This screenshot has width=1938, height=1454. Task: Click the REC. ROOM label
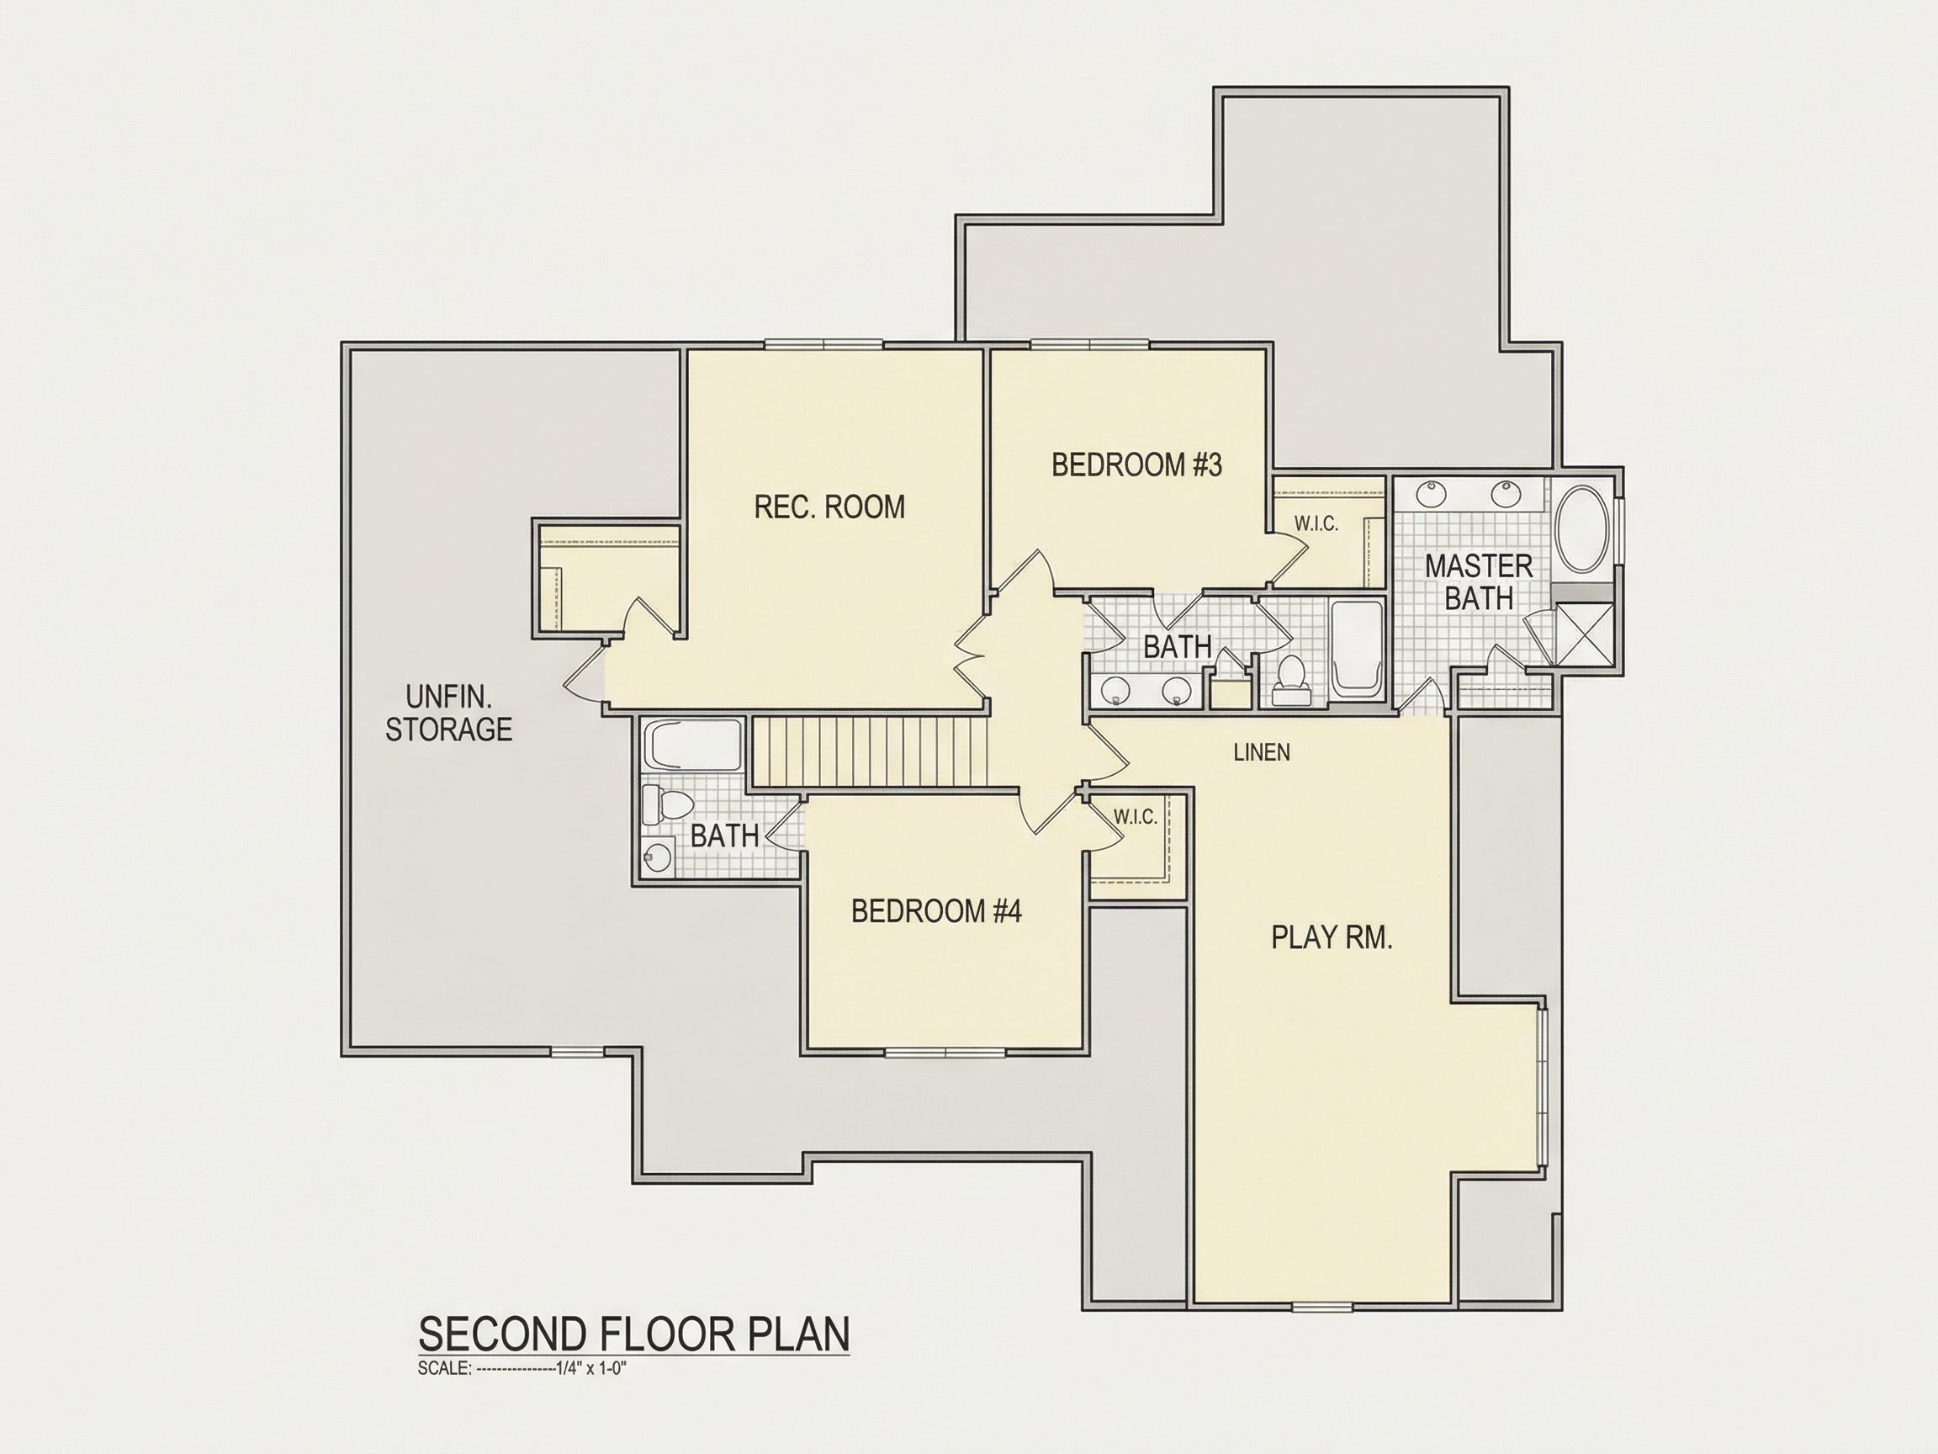click(829, 507)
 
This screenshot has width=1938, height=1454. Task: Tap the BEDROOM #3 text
click(1136, 464)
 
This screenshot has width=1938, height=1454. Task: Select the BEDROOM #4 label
click(935, 911)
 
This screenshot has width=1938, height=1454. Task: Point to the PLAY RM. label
click(1332, 938)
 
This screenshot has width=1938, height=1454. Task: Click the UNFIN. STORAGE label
click(448, 714)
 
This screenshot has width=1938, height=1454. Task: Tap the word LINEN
click(1262, 752)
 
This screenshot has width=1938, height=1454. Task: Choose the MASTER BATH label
click(1479, 582)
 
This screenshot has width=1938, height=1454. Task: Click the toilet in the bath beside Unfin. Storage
click(666, 802)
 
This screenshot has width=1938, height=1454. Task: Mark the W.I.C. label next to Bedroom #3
click(1316, 524)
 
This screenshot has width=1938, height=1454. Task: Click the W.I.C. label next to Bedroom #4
click(1136, 817)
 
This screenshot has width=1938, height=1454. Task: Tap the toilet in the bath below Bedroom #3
click(1289, 681)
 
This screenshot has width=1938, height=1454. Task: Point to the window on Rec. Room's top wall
click(823, 343)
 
